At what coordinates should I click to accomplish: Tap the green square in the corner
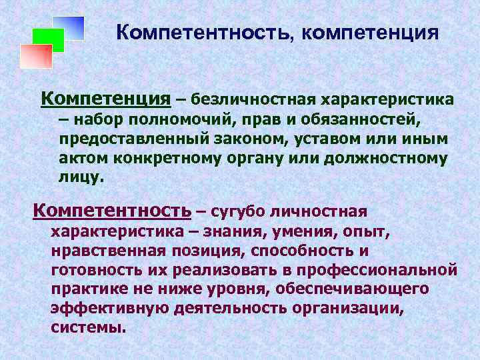click(48, 40)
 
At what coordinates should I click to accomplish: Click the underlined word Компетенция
click(105, 99)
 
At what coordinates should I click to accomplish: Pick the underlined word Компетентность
click(111, 211)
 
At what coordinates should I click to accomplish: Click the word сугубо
click(240, 212)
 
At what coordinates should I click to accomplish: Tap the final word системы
click(87, 328)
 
